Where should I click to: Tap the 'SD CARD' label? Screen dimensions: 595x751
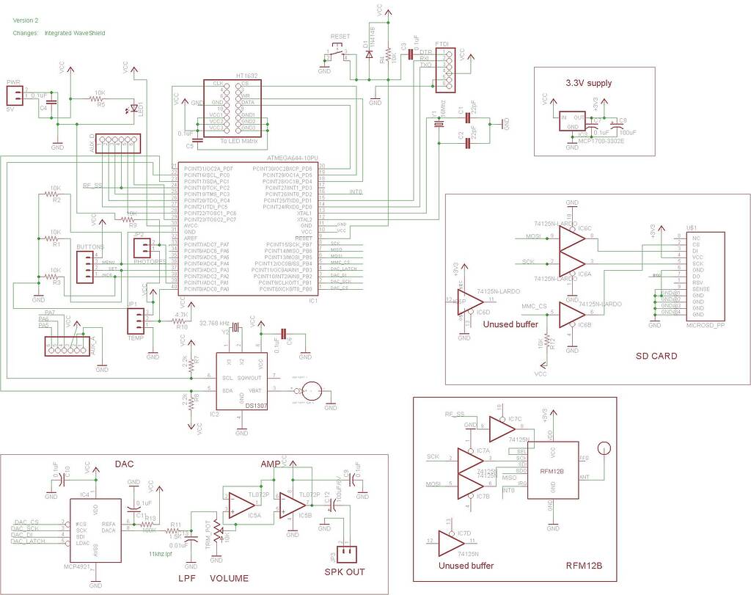(x=656, y=357)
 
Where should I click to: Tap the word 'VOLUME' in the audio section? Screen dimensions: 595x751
(x=229, y=578)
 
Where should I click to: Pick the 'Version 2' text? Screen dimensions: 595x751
(x=26, y=21)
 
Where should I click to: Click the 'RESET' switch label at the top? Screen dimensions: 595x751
(x=340, y=36)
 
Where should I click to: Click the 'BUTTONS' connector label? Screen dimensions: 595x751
(x=89, y=247)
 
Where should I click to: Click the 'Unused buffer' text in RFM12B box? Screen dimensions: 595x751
(x=466, y=566)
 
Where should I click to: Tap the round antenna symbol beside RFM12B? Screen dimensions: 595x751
(x=604, y=448)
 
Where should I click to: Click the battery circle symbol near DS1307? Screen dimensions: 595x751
(x=312, y=390)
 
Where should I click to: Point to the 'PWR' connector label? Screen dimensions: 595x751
(x=12, y=81)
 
